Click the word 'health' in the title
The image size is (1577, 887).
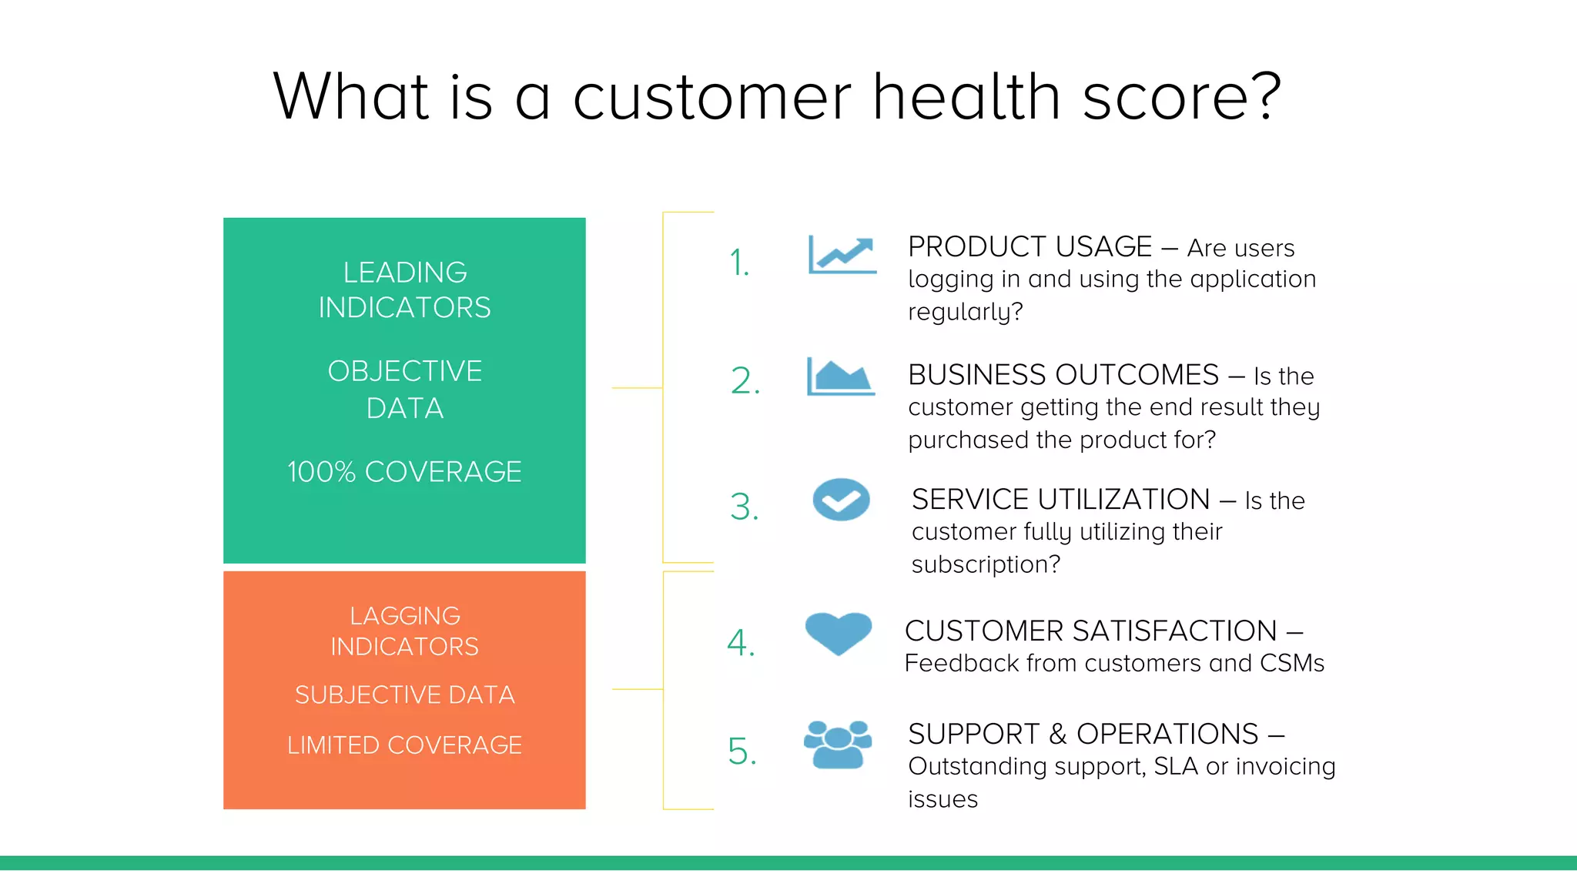pyautogui.click(x=966, y=97)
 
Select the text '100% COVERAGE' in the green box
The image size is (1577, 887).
pyautogui.click(x=404, y=472)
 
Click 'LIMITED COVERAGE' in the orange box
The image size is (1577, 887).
pyautogui.click(x=404, y=745)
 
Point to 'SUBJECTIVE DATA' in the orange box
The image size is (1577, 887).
pyautogui.click(x=404, y=695)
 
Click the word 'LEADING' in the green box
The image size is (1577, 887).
pyautogui.click(x=405, y=273)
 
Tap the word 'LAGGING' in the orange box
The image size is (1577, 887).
pyautogui.click(x=405, y=616)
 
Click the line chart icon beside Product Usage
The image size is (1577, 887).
pyautogui.click(x=842, y=256)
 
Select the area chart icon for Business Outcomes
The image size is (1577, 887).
pyautogui.click(x=840, y=377)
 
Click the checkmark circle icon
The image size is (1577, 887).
pyautogui.click(x=841, y=500)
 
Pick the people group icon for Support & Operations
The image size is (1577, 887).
pyautogui.click(x=838, y=745)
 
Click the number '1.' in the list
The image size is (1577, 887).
pyautogui.click(x=739, y=263)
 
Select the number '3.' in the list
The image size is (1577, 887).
pyautogui.click(x=744, y=507)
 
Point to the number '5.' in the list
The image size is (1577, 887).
pyautogui.click(x=742, y=751)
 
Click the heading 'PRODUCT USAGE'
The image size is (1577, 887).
pyautogui.click(x=1030, y=247)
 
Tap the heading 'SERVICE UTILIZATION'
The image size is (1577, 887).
pyautogui.click(x=1060, y=500)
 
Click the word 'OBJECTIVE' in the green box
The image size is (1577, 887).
pyautogui.click(x=405, y=372)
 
